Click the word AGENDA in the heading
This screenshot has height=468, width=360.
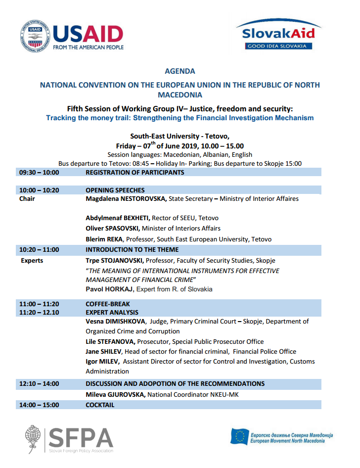click(180, 71)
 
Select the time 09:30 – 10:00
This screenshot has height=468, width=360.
click(39, 173)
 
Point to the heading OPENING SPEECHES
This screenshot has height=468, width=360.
click(115, 190)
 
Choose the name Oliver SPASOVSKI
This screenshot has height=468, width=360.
click(113, 229)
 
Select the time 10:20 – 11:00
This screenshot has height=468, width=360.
click(39, 250)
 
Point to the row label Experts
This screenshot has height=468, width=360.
click(32, 260)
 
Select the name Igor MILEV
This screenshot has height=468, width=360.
click(102, 362)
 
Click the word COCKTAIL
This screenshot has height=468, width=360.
click(100, 405)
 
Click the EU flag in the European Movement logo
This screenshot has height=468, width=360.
click(240, 436)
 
